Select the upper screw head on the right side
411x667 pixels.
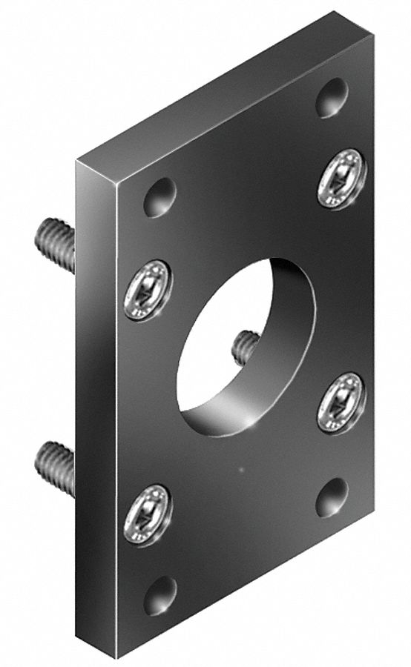pyautogui.click(x=342, y=179)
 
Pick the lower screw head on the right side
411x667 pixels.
pyautogui.click(x=341, y=402)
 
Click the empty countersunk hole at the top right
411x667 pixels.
pyautogui.click(x=332, y=97)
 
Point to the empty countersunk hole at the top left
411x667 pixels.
pyautogui.click(x=160, y=197)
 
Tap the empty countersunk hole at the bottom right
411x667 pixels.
pyautogui.click(x=332, y=497)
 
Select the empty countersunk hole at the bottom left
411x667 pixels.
pyautogui.click(x=160, y=595)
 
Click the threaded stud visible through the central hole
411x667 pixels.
pyautogui.click(x=246, y=346)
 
